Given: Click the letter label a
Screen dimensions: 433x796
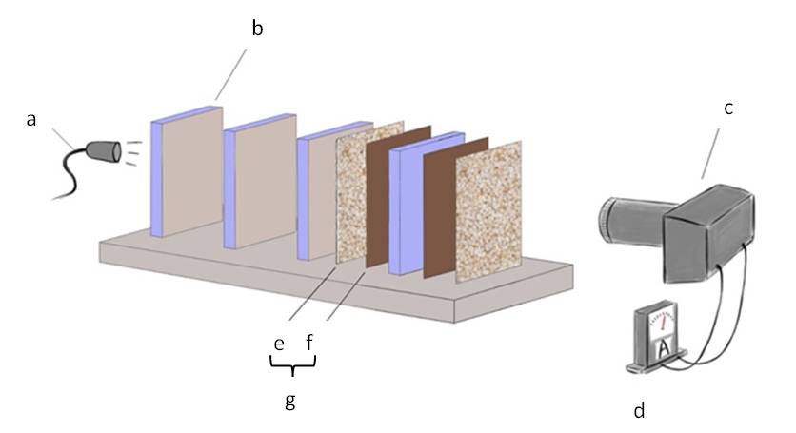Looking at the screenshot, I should coord(31,120).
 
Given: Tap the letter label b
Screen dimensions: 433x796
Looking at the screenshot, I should coord(257,28).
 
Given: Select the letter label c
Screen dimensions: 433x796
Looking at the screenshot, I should coord(728,108).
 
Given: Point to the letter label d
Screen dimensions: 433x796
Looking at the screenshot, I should coord(639,411).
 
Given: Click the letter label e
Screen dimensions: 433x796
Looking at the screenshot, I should coord(279,342).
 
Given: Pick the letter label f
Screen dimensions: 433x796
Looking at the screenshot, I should coord(308,342).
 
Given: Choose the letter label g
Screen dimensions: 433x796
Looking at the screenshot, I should coord(290,401).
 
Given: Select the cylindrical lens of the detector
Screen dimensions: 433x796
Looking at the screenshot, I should coord(631,222).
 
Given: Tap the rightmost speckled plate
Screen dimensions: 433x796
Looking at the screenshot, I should coord(488,211).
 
